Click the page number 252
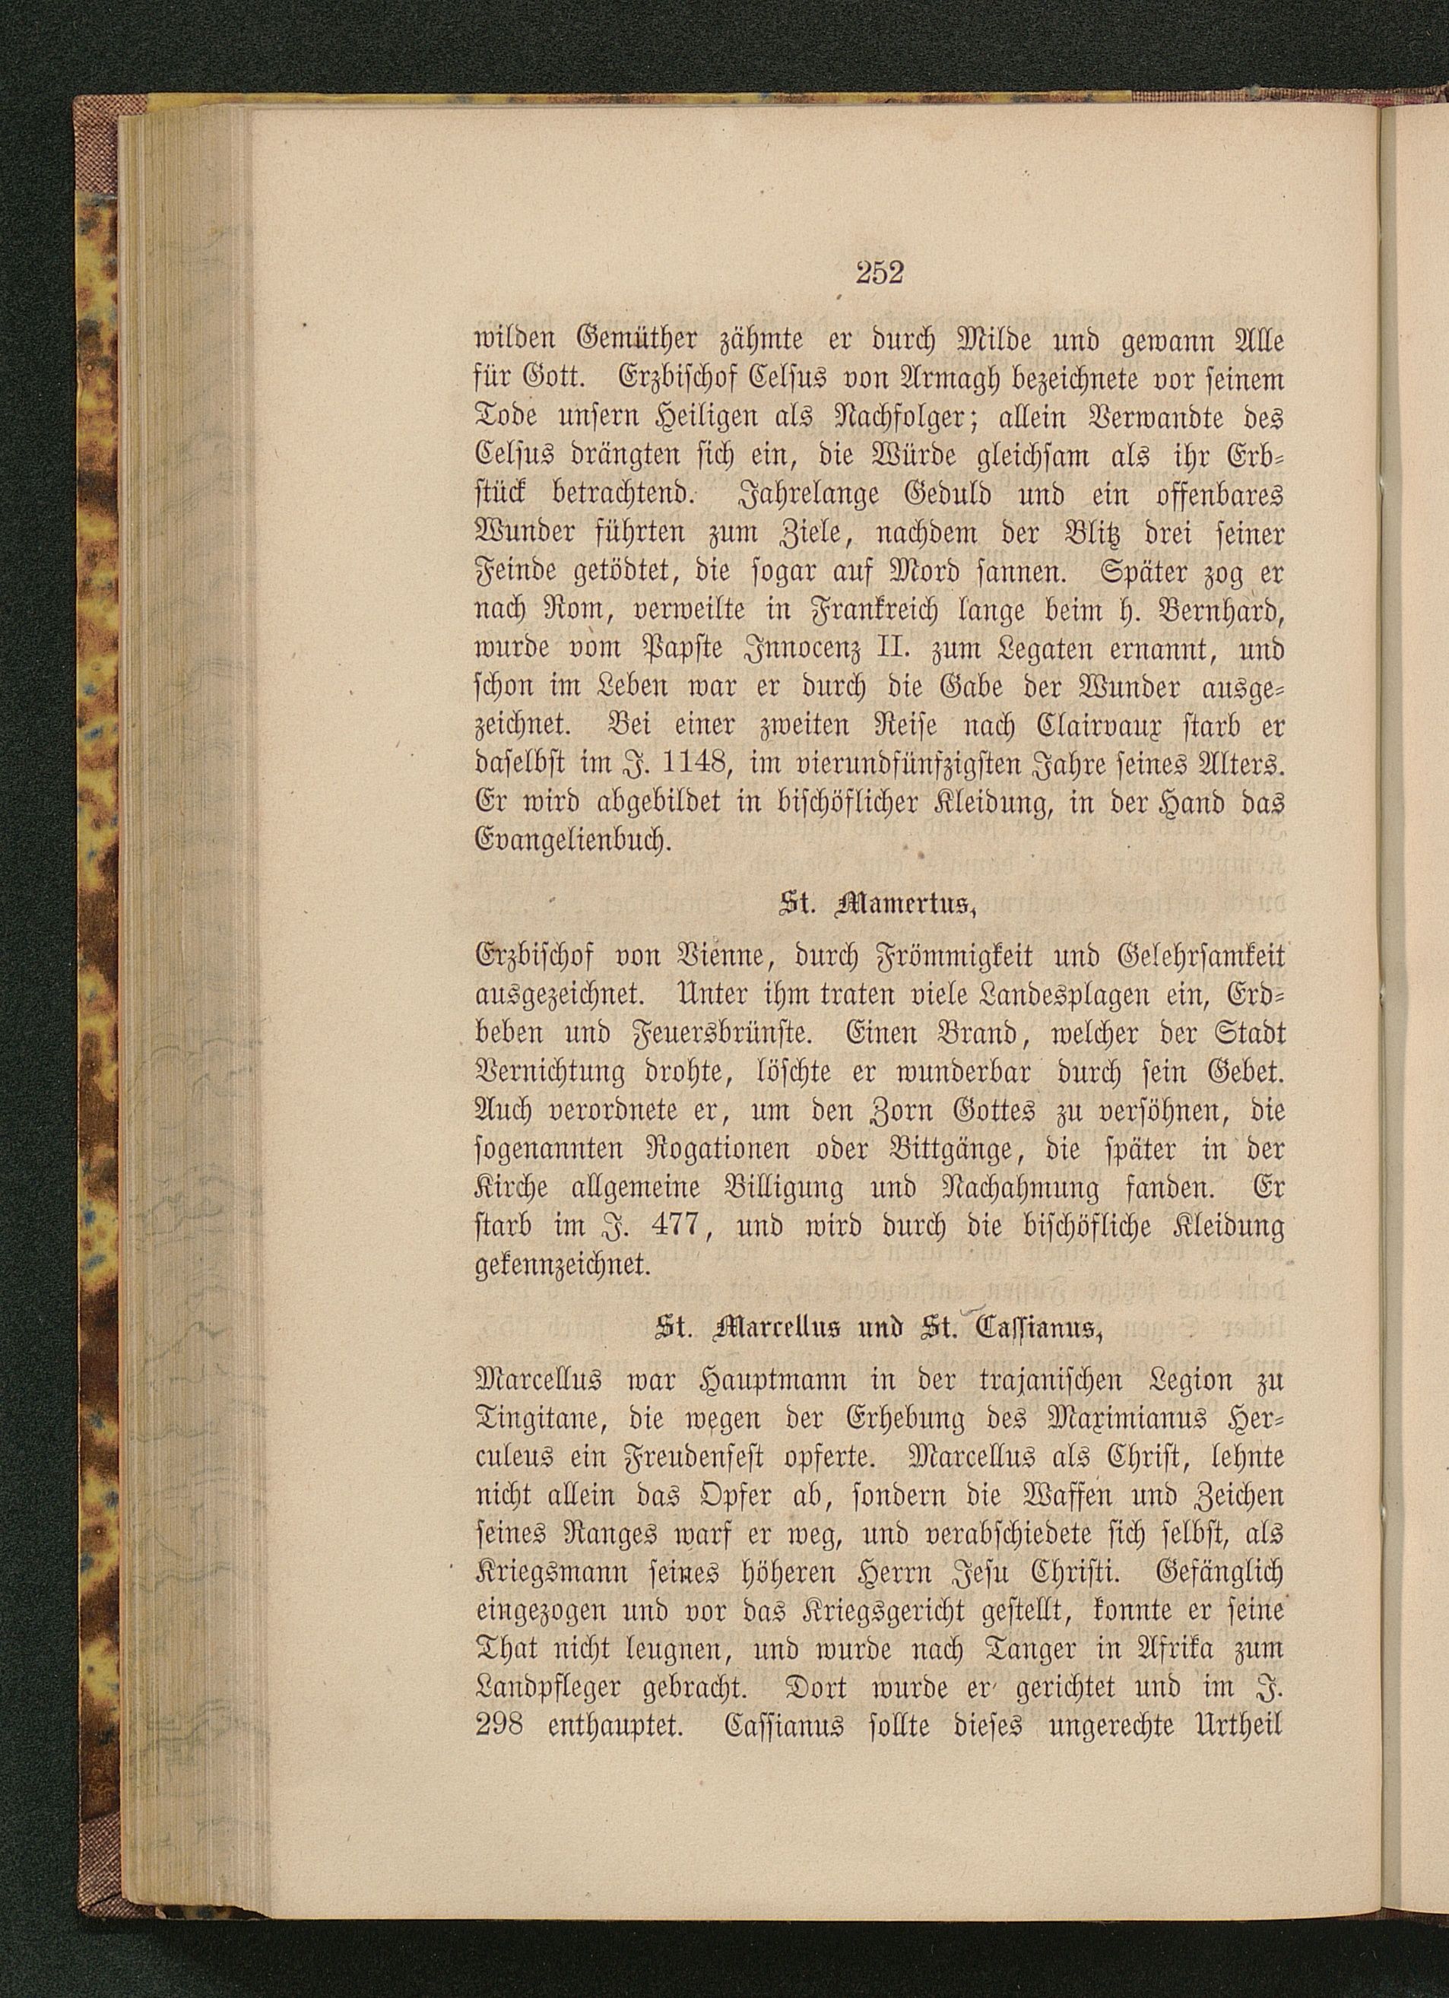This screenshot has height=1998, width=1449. pyautogui.click(x=879, y=274)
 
